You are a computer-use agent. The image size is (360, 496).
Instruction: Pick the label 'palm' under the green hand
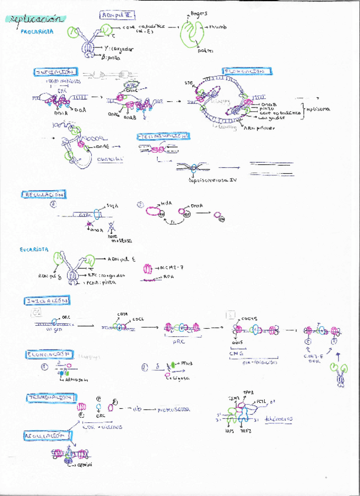(x=205, y=51)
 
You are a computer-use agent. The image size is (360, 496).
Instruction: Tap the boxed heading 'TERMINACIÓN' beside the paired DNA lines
(x=164, y=136)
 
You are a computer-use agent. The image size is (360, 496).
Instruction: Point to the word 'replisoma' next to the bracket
(x=319, y=109)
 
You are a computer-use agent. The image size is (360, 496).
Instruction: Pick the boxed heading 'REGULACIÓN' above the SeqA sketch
(x=44, y=194)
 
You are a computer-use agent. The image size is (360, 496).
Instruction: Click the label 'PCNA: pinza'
(x=100, y=282)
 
